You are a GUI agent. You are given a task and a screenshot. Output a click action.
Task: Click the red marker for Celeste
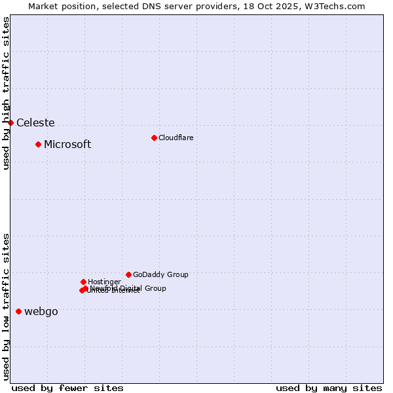pyautogui.click(x=10, y=122)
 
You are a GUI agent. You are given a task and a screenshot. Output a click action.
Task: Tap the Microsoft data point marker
pyautogui.click(x=39, y=144)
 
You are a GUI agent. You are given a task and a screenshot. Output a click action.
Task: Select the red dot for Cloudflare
pyautogui.click(x=154, y=138)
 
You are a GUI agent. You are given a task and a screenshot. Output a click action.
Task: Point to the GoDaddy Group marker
pyautogui.click(x=128, y=274)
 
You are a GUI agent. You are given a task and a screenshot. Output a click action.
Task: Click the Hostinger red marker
pyautogui.click(x=83, y=282)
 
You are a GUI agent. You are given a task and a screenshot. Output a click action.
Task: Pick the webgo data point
pyautogui.click(x=18, y=311)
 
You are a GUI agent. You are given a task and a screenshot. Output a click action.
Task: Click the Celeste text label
pyautogui.click(x=35, y=122)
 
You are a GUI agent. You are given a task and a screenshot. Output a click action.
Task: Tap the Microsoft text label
pyautogui.click(x=67, y=144)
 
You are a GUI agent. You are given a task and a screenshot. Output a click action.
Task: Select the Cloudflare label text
pyautogui.click(x=176, y=138)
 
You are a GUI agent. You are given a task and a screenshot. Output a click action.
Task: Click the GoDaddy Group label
pyautogui.click(x=160, y=274)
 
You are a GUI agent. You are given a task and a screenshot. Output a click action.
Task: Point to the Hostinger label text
pyautogui.click(x=104, y=282)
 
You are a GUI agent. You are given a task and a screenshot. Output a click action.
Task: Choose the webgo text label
pyautogui.click(x=41, y=311)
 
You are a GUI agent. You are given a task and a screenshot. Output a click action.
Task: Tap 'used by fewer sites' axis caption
pyautogui.click(x=67, y=388)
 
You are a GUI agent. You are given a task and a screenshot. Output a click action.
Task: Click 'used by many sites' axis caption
pyautogui.click(x=329, y=388)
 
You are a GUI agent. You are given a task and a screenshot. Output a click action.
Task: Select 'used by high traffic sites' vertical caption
pyautogui.click(x=6, y=93)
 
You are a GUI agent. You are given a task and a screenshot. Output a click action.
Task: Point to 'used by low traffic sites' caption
pyautogui.click(x=6, y=306)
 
